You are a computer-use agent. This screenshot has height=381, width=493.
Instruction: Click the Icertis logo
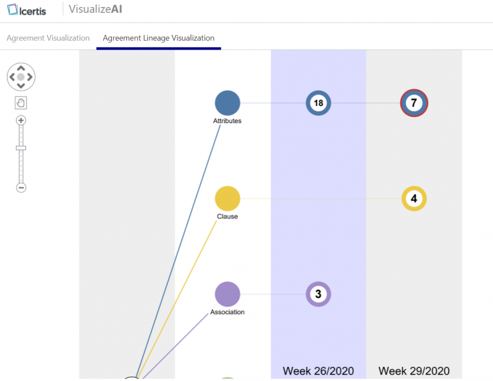pos(27,10)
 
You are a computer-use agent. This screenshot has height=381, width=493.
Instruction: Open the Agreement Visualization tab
pos(48,38)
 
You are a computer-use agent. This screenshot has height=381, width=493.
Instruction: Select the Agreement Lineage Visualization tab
pos(158,38)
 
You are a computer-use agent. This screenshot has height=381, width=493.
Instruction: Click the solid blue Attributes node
pos(227,103)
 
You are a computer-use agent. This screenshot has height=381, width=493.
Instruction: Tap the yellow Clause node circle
pos(227,199)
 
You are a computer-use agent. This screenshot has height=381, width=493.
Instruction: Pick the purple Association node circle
pos(227,294)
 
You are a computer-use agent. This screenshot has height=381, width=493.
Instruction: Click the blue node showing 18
pos(319,103)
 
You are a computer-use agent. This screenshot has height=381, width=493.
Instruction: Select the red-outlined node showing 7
pos(414,103)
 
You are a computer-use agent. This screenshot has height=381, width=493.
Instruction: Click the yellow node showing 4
pos(414,199)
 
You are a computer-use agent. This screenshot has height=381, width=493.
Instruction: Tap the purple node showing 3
pos(319,294)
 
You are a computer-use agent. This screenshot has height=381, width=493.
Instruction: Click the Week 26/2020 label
pos(318,371)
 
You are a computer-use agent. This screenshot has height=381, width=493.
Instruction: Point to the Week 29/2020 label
pos(414,371)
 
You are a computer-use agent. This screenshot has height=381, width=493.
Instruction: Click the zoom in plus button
pos(21,121)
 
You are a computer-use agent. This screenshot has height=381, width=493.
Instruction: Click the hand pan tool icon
pos(21,103)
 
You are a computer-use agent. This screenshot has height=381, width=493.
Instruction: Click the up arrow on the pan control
pos(21,68)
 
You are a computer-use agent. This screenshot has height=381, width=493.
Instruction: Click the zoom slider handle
pos(21,148)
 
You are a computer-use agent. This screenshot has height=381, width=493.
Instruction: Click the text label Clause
pos(227,217)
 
